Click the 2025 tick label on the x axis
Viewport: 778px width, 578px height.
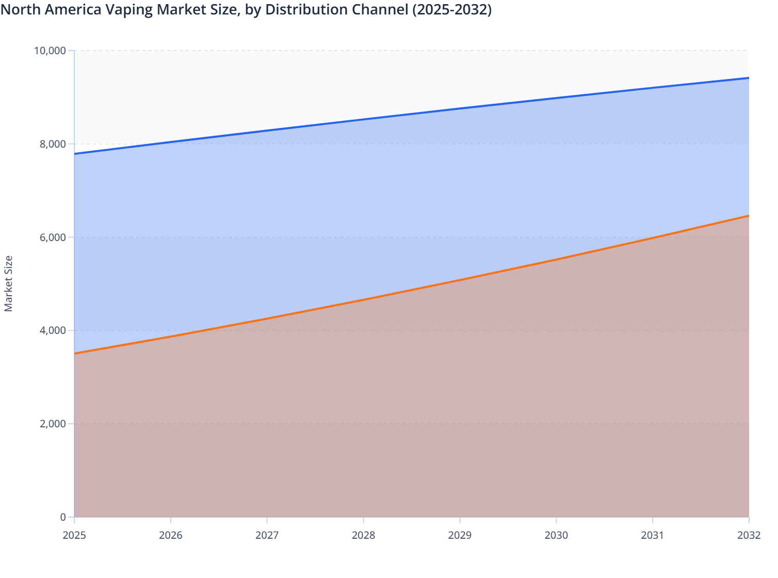pyautogui.click(x=74, y=535)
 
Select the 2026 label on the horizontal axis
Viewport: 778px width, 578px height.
pyautogui.click(x=171, y=535)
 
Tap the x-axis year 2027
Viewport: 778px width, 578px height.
pyautogui.click(x=267, y=535)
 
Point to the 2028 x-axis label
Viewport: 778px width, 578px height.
pyautogui.click(x=363, y=535)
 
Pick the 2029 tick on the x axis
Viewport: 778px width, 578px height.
pyautogui.click(x=460, y=535)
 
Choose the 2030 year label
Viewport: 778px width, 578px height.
pyautogui.click(x=556, y=535)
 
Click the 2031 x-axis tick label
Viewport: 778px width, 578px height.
pyautogui.click(x=652, y=535)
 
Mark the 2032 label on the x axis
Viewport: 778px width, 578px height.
pyautogui.click(x=749, y=535)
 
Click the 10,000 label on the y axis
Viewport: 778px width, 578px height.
pyautogui.click(x=50, y=51)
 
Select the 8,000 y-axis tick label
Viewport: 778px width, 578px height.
pyautogui.click(x=53, y=144)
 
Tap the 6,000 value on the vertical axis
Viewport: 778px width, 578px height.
pyautogui.click(x=53, y=237)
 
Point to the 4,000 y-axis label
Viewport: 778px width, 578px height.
pyautogui.click(x=53, y=330)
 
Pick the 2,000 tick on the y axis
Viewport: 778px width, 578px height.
pyautogui.click(x=53, y=424)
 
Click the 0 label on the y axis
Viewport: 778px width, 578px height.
pyautogui.click(x=63, y=517)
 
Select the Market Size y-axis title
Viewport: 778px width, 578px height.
pyautogui.click(x=8, y=284)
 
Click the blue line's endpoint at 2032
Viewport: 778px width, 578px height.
pyautogui.click(x=749, y=78)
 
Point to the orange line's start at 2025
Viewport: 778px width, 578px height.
pyautogui.click(x=75, y=354)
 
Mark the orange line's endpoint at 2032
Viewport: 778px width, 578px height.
pyautogui.click(x=749, y=216)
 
